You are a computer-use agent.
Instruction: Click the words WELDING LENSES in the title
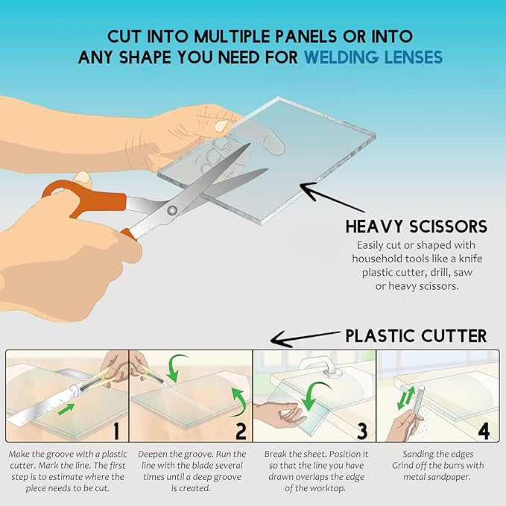pos(373,57)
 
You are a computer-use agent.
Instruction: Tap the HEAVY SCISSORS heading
pos(417,227)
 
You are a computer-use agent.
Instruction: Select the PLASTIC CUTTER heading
pos(417,336)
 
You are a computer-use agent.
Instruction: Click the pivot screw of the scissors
pos(172,210)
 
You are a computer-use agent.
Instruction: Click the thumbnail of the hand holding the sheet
pos(221,125)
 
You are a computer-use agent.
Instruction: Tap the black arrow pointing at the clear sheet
pos(332,197)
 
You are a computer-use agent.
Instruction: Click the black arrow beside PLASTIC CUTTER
pos(305,338)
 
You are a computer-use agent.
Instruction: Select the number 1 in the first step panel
pos(116,431)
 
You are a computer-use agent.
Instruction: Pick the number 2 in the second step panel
pos(241,431)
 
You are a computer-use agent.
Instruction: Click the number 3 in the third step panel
pos(362,431)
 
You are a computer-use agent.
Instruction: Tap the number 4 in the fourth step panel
pos(484,431)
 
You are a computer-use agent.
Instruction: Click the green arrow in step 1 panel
pos(66,409)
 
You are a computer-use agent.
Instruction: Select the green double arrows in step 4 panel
pos(406,398)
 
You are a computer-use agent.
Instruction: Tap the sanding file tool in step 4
pos(417,408)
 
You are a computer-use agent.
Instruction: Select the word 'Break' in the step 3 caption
pos(275,454)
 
